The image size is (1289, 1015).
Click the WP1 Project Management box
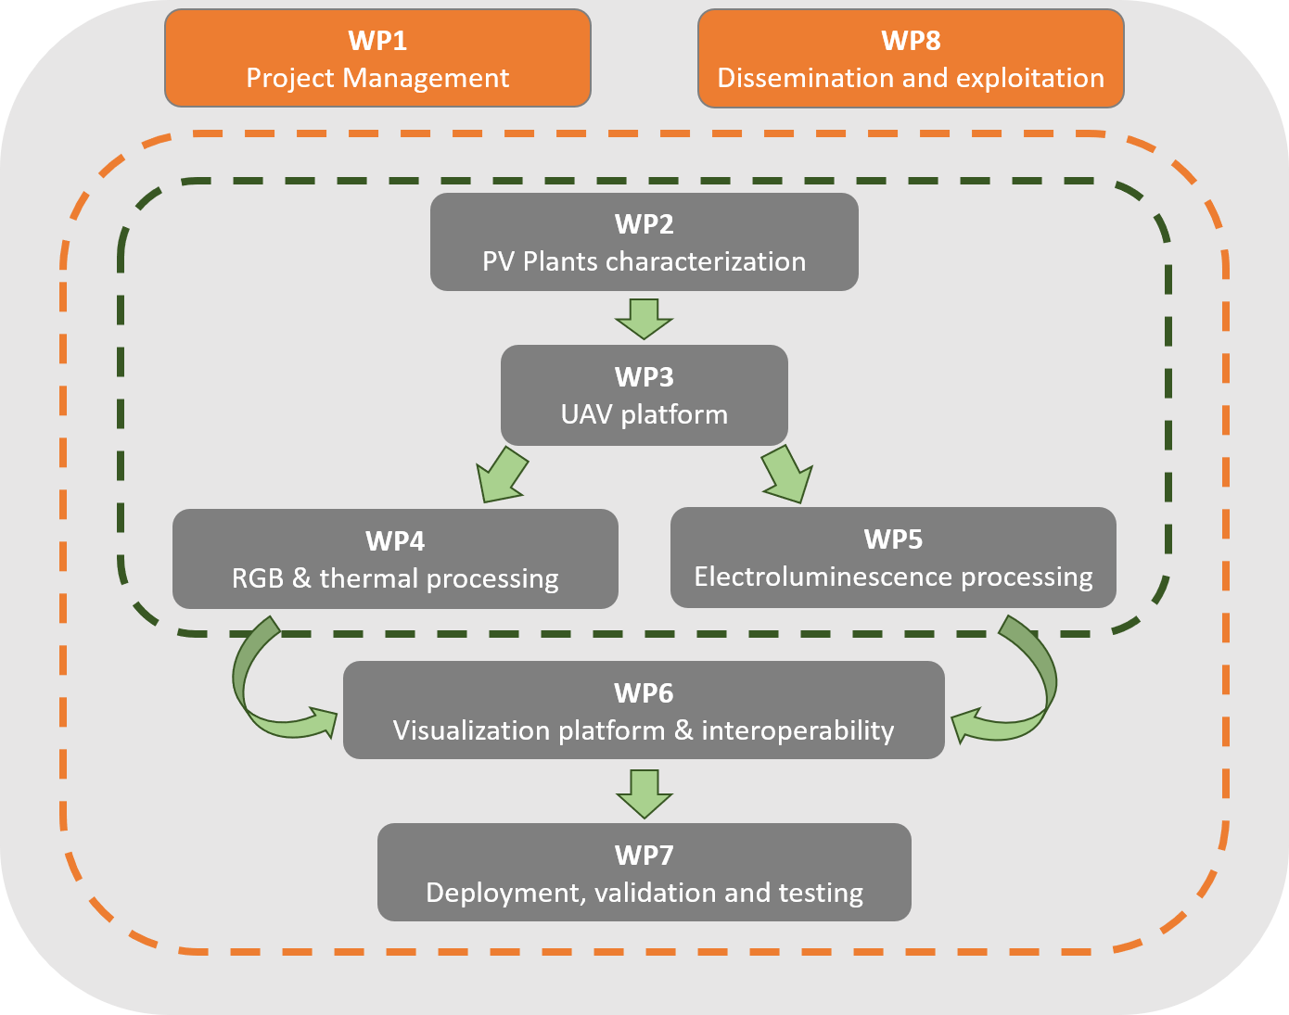point(377,58)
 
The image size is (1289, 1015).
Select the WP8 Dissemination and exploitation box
point(911,58)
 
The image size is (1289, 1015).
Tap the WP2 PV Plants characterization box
point(644,242)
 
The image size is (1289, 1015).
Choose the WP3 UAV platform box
point(644,395)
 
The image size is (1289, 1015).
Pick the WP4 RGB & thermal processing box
point(395,559)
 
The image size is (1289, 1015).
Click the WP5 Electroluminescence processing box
point(893,557)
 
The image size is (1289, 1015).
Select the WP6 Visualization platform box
point(644,710)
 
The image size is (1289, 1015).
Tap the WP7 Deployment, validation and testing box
point(644,872)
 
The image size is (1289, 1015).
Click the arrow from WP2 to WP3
point(644,318)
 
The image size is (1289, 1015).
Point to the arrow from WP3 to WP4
point(501,476)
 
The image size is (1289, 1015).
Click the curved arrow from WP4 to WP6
point(264,686)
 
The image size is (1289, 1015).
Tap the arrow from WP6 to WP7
point(644,793)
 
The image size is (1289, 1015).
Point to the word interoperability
point(798,730)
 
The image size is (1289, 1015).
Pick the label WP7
point(644,855)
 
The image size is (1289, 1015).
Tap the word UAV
point(586,414)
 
